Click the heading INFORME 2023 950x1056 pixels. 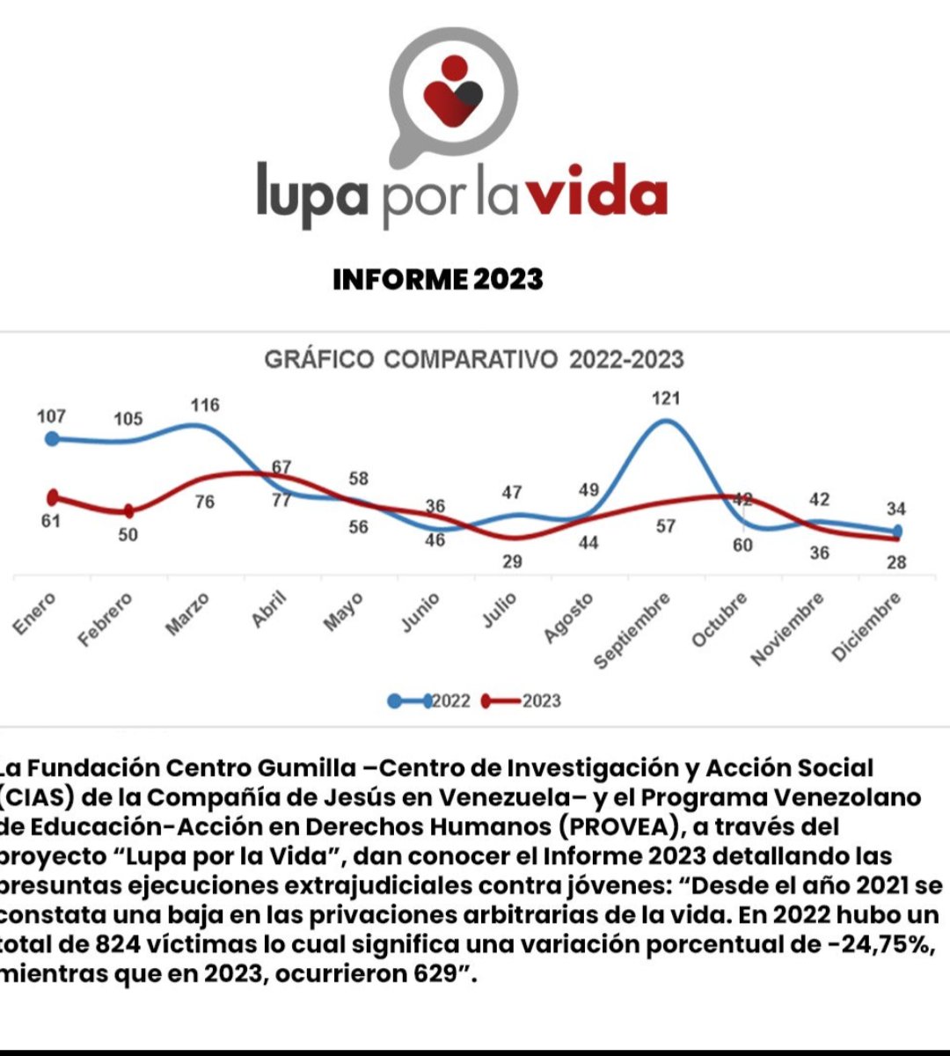pyautogui.click(x=437, y=280)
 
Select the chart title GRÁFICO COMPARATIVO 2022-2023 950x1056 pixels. pyautogui.click(x=474, y=359)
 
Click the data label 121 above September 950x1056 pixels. pyautogui.click(x=666, y=399)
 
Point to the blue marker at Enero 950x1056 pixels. pyautogui.click(x=52, y=438)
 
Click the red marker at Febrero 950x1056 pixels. pyautogui.click(x=128, y=511)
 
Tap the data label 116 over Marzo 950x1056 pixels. pyautogui.click(x=205, y=406)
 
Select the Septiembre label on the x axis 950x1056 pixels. pyautogui.click(x=632, y=630)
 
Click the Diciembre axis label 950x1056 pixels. pyautogui.click(x=866, y=627)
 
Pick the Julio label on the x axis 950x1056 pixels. pyautogui.click(x=499, y=611)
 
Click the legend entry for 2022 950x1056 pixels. pyautogui.click(x=430, y=701)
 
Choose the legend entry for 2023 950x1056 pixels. pyautogui.click(x=522, y=701)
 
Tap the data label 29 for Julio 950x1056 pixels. pyautogui.click(x=512, y=561)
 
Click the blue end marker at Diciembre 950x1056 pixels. pyautogui.click(x=896, y=532)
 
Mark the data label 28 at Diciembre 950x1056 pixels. pyautogui.click(x=895, y=562)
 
